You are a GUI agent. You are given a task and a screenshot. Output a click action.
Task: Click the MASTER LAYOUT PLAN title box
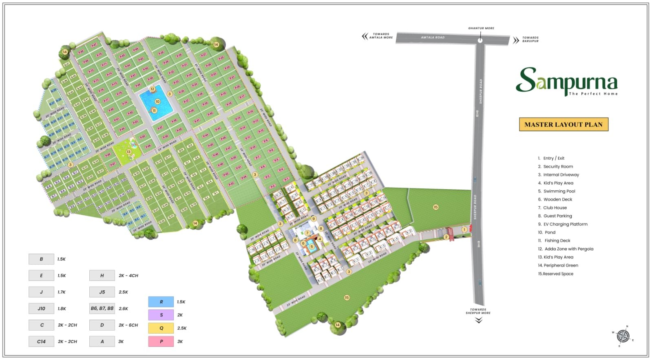pos(563,124)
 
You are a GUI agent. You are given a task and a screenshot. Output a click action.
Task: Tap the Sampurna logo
pos(567,81)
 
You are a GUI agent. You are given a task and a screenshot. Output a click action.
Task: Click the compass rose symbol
pos(623,336)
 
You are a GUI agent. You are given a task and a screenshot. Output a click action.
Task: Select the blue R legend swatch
pos(161,302)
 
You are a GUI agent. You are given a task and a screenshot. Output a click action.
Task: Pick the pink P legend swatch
pos(161,341)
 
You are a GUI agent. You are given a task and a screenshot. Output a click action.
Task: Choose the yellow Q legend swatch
pos(161,328)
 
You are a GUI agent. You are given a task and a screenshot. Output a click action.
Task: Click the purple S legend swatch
pos(161,315)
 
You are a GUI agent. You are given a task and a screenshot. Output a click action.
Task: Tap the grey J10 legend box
pos(41,309)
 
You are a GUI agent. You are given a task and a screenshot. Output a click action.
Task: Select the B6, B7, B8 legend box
pos(102,308)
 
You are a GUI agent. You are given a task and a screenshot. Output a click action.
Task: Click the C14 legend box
pos(41,341)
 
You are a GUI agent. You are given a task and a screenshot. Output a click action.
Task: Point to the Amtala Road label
pos(433,38)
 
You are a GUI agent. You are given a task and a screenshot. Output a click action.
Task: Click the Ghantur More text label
pos(481,28)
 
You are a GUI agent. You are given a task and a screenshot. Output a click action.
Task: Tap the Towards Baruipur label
pos(530,39)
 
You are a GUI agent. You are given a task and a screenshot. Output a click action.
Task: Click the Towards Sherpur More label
pos(478,311)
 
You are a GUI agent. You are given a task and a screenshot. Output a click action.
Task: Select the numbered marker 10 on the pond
pos(157,102)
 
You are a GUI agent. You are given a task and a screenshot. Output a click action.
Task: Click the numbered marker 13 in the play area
pos(128,152)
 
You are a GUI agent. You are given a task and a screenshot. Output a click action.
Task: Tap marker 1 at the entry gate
pos(464,230)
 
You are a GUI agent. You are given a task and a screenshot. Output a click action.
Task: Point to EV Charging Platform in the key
pos(565,224)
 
